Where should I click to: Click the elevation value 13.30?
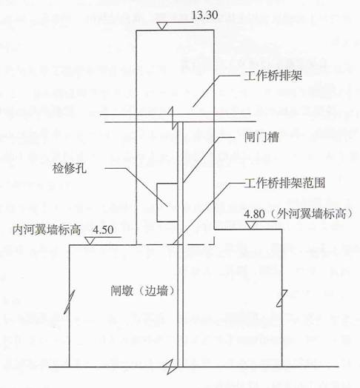(205, 15)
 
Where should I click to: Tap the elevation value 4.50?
(103, 230)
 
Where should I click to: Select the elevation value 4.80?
(254, 214)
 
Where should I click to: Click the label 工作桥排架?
(273, 76)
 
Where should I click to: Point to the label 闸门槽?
(261, 137)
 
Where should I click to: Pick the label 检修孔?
(70, 169)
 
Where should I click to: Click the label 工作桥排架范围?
(284, 183)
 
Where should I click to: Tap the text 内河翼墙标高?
(47, 230)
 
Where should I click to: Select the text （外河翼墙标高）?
(311, 214)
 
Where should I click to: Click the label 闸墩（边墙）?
(143, 290)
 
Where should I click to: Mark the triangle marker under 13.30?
(161, 26)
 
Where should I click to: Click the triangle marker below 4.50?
(90, 241)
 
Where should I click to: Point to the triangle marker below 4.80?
(250, 225)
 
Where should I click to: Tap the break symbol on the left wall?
(69, 302)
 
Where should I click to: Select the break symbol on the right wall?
(282, 298)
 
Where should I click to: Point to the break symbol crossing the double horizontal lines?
(173, 118)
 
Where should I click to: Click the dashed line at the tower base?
(176, 245)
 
